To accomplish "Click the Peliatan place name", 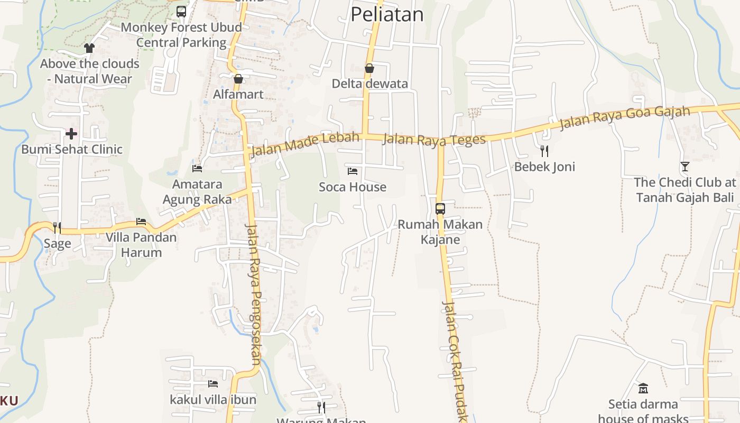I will (387, 14).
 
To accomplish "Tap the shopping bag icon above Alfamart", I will (238, 79).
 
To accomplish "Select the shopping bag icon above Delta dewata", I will (369, 68).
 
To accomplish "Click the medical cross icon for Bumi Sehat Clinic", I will (71, 133).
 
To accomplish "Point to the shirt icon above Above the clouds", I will (89, 48).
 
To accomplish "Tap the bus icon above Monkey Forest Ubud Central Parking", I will (181, 11).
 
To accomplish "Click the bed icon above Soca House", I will (353, 171).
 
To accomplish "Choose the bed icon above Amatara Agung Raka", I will (197, 168).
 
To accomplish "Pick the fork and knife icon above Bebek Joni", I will (544, 151).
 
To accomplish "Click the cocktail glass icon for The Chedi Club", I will (685, 167).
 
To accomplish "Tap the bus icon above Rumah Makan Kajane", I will (440, 208).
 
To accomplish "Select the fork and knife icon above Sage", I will (57, 227).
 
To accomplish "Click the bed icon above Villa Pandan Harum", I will (141, 221).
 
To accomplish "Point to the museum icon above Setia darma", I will (643, 388).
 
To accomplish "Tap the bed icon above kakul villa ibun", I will (213, 383).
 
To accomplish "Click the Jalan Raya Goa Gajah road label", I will (625, 118).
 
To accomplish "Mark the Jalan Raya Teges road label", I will (433, 140).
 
